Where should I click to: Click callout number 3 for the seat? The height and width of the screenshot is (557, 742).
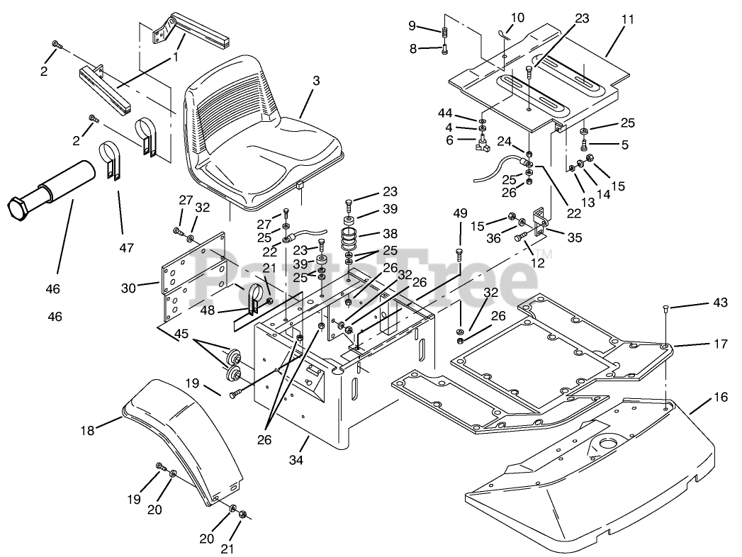click(315, 81)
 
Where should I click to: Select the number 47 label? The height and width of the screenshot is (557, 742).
click(126, 247)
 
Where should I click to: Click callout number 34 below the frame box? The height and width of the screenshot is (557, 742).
click(296, 459)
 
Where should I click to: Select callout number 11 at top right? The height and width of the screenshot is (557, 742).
click(627, 21)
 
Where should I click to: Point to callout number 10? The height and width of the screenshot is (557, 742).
click(517, 18)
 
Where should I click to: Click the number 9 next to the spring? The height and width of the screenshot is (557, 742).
click(412, 26)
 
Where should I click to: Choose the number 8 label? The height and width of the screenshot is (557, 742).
click(413, 48)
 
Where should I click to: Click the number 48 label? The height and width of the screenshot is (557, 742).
click(207, 310)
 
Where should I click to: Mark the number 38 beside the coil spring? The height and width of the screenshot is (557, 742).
click(390, 233)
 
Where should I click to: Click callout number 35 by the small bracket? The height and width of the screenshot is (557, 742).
click(575, 237)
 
